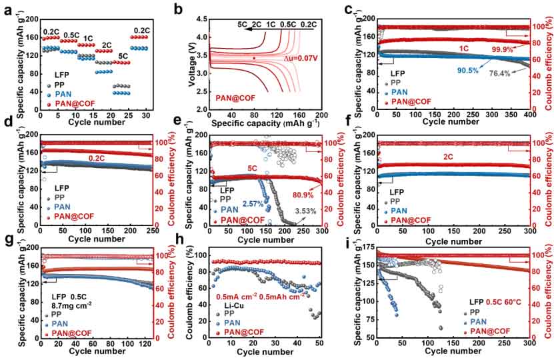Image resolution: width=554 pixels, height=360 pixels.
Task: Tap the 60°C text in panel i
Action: coord(502,303)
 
